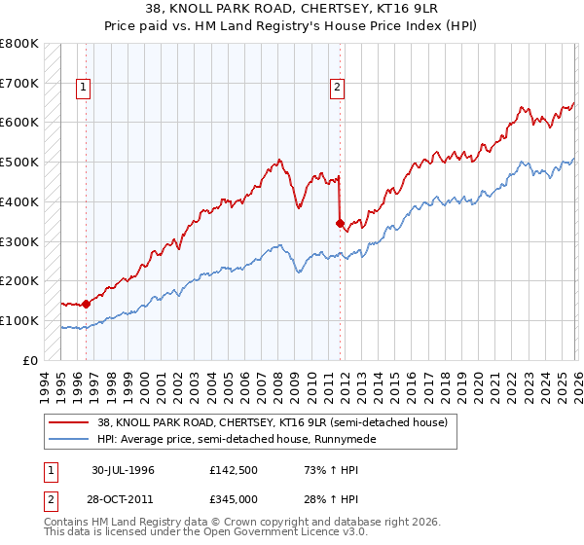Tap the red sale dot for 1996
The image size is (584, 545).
pos(86,304)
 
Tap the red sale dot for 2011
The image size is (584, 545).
pos(340,223)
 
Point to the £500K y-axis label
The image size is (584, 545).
pos(19,163)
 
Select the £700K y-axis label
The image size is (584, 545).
pos(19,84)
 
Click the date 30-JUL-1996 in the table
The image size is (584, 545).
pos(125,470)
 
